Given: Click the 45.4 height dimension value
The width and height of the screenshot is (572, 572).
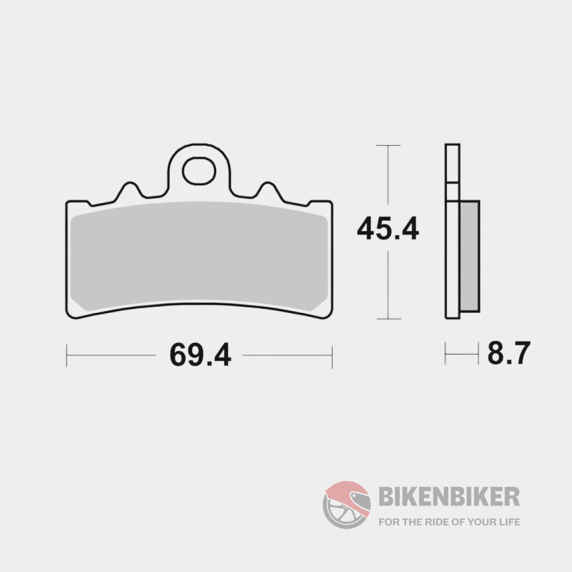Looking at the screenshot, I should pos(388,229).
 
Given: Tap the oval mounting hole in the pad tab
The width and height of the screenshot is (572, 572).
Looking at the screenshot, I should pos(199,171).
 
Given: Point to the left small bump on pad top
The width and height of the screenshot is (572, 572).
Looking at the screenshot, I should pos(129,188).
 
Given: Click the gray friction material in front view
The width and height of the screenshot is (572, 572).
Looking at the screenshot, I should pos(199,254).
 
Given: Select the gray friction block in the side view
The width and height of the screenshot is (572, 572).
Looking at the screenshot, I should pos(470,256).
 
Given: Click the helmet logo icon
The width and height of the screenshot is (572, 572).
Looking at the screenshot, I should pos(347,505).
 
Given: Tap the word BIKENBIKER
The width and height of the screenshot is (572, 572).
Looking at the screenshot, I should pos(449,495).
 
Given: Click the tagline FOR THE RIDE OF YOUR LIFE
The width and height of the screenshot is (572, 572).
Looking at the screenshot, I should pos(449,522).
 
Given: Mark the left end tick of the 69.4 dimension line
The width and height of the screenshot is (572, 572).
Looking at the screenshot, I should pos(66,355).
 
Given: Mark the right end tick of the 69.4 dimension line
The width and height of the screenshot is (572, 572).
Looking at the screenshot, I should pos(332,355).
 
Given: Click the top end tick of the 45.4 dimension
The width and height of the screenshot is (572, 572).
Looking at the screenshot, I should pos(388,145).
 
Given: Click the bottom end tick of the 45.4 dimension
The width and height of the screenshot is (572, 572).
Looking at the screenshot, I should pos(388,319).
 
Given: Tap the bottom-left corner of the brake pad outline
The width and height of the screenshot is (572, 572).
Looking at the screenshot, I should pos(70,315).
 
